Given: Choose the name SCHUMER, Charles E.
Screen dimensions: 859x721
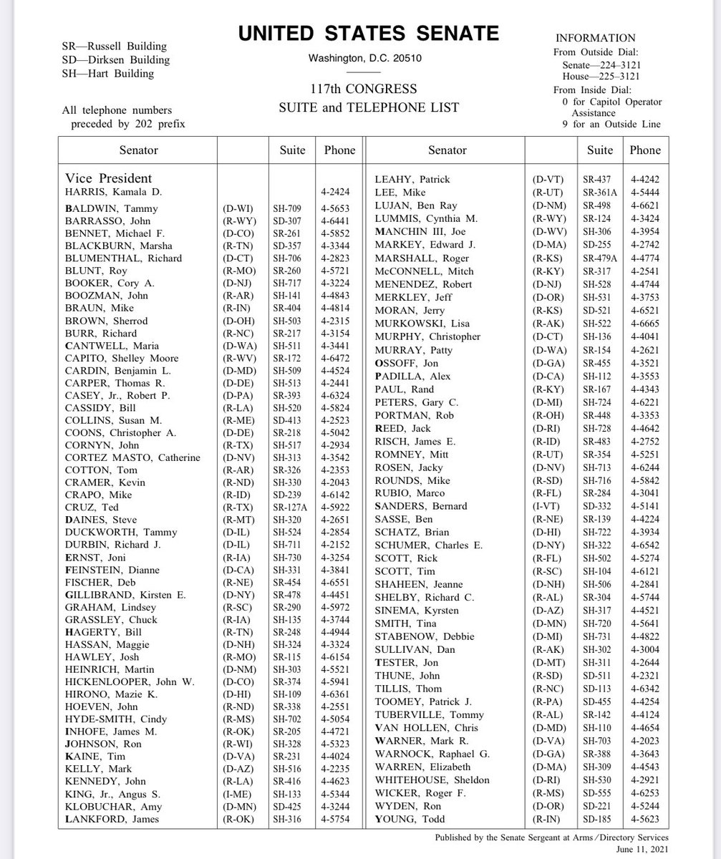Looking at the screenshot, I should coord(428,545).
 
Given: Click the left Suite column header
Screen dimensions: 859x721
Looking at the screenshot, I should coord(292,150).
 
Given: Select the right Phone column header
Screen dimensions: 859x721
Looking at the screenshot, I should coord(645,150).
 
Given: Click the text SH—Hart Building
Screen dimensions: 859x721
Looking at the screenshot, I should coord(107,73).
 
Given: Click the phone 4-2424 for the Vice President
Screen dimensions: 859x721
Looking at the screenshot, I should coord(339,193).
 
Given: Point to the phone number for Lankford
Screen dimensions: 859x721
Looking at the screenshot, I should coord(339,819).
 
